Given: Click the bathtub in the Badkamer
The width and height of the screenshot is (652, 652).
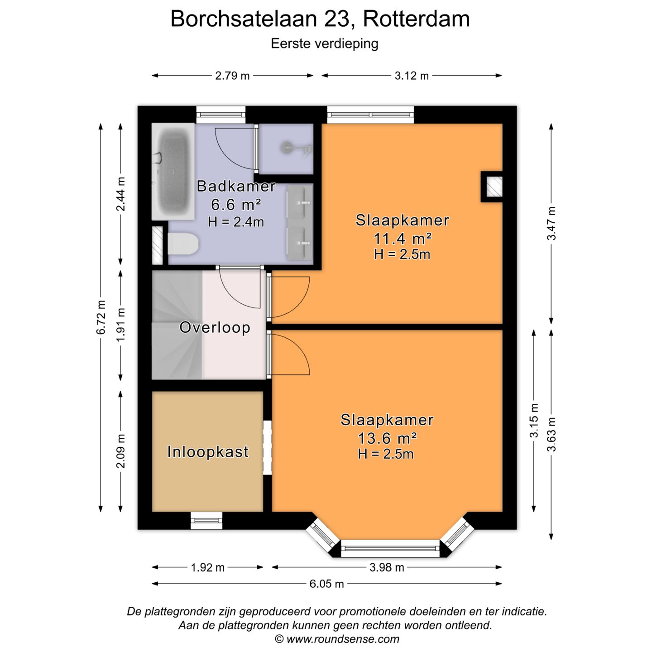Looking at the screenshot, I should pyautogui.click(x=173, y=171).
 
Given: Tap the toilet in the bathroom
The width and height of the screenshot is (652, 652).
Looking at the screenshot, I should pyautogui.click(x=183, y=244).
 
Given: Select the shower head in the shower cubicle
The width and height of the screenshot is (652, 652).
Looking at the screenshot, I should pyautogui.click(x=287, y=147).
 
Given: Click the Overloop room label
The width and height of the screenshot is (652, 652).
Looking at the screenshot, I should pyautogui.click(x=215, y=327).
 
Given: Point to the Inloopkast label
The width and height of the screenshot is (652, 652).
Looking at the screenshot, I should pyautogui.click(x=208, y=451).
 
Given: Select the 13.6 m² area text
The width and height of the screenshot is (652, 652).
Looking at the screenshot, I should pyautogui.click(x=387, y=438).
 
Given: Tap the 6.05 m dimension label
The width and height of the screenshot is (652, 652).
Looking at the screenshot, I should pyautogui.click(x=326, y=584).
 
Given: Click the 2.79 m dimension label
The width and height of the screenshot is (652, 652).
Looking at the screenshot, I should pyautogui.click(x=232, y=76).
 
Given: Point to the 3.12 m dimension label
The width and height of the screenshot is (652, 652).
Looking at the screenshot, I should pyautogui.click(x=411, y=76).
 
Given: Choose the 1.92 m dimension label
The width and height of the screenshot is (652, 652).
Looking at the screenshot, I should pyautogui.click(x=207, y=567).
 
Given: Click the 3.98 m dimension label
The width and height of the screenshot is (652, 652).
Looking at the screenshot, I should pyautogui.click(x=387, y=567).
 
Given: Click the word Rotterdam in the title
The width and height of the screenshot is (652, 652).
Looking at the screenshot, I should pyautogui.click(x=416, y=19).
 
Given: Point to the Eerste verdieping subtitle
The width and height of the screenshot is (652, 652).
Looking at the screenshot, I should pyautogui.click(x=324, y=43).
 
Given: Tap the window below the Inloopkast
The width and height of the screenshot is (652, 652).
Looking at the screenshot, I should pyautogui.click(x=206, y=520).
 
